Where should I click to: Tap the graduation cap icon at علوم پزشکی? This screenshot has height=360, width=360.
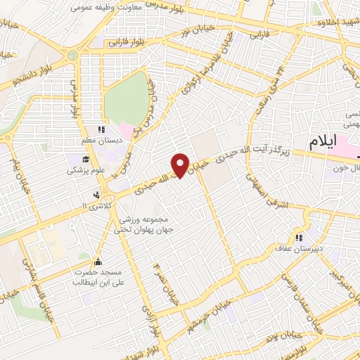[x=72, y=169]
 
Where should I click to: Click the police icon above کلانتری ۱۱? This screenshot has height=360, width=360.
[x=97, y=195]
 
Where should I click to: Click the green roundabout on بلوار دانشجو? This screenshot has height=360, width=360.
[x=71, y=55]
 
